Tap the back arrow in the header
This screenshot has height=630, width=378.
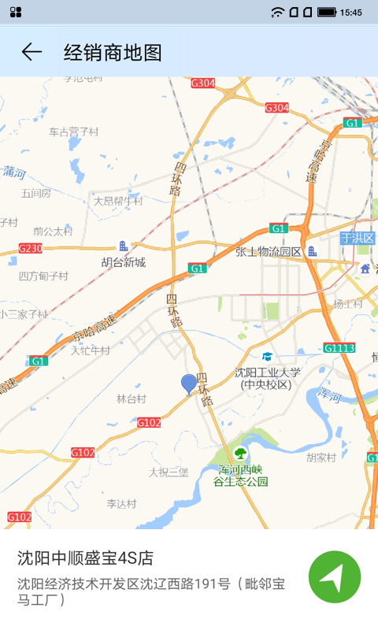click(x=31, y=52)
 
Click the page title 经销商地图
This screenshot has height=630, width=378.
click(x=113, y=53)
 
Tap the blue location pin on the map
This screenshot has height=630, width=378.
click(x=189, y=384)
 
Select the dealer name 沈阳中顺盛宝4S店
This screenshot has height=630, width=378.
click(x=85, y=558)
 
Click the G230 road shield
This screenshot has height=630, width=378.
click(x=31, y=248)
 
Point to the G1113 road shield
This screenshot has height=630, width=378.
click(x=339, y=347)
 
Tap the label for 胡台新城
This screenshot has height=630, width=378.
click(x=124, y=262)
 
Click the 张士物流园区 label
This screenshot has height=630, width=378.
click(x=269, y=252)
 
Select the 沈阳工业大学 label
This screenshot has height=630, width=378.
click(x=268, y=372)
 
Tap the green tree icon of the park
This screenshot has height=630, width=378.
click(x=239, y=453)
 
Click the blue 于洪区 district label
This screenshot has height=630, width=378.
click(x=357, y=238)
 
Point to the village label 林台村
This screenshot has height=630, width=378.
click(x=132, y=398)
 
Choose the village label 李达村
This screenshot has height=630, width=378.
click(x=122, y=503)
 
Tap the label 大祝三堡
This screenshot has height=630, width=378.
click(x=169, y=472)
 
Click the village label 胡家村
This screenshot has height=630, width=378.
click(x=321, y=457)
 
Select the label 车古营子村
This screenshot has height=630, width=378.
click(x=74, y=132)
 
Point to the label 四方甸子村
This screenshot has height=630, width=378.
click(x=43, y=276)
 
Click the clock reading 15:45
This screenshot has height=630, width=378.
click(x=351, y=12)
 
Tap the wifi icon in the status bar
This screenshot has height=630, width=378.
click(x=277, y=12)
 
